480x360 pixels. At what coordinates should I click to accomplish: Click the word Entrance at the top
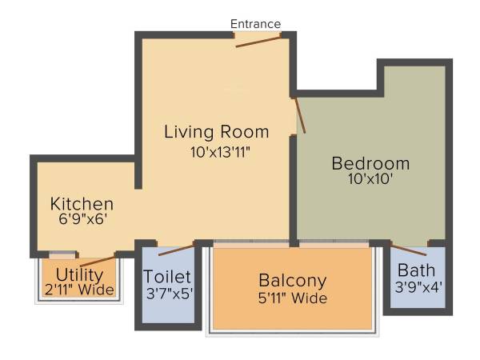pos(256,24)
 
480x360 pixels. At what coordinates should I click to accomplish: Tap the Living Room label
pos(217,131)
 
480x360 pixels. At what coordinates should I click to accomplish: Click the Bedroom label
pos(370,163)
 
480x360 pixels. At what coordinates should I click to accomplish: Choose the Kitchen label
pos(82,204)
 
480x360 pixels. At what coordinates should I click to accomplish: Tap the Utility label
pos(79,275)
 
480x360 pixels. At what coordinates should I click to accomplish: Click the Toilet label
pos(168,277)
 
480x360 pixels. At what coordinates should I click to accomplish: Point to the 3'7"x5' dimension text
pos(168,292)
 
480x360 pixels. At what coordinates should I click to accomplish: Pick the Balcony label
pos(292,281)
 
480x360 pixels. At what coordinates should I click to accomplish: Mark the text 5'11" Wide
pos(292,299)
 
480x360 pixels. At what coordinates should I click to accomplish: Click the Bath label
pos(417,270)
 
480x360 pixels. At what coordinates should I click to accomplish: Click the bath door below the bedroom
pos(409,246)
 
